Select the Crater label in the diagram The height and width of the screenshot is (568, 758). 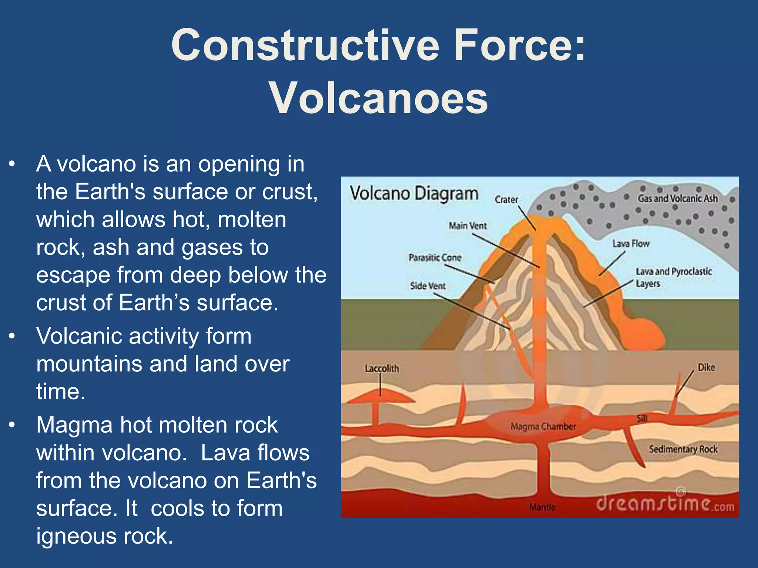(x=506, y=200)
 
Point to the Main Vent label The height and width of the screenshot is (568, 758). (x=468, y=226)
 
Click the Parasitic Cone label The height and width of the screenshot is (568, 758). (x=435, y=257)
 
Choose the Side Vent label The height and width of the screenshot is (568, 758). (x=428, y=286)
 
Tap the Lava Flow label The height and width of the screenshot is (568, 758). (x=631, y=244)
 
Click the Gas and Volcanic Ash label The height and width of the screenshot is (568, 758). (x=677, y=199)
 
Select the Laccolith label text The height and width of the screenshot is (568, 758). (x=382, y=368)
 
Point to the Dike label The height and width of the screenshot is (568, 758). (x=706, y=367)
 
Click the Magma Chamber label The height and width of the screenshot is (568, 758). (x=543, y=427)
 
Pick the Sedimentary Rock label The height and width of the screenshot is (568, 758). (x=683, y=449)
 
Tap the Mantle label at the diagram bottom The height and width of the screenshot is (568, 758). (x=542, y=507)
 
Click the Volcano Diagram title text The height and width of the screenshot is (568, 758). (x=414, y=194)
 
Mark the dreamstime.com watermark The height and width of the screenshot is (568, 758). (x=665, y=504)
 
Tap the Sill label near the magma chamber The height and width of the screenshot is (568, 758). (x=642, y=418)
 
